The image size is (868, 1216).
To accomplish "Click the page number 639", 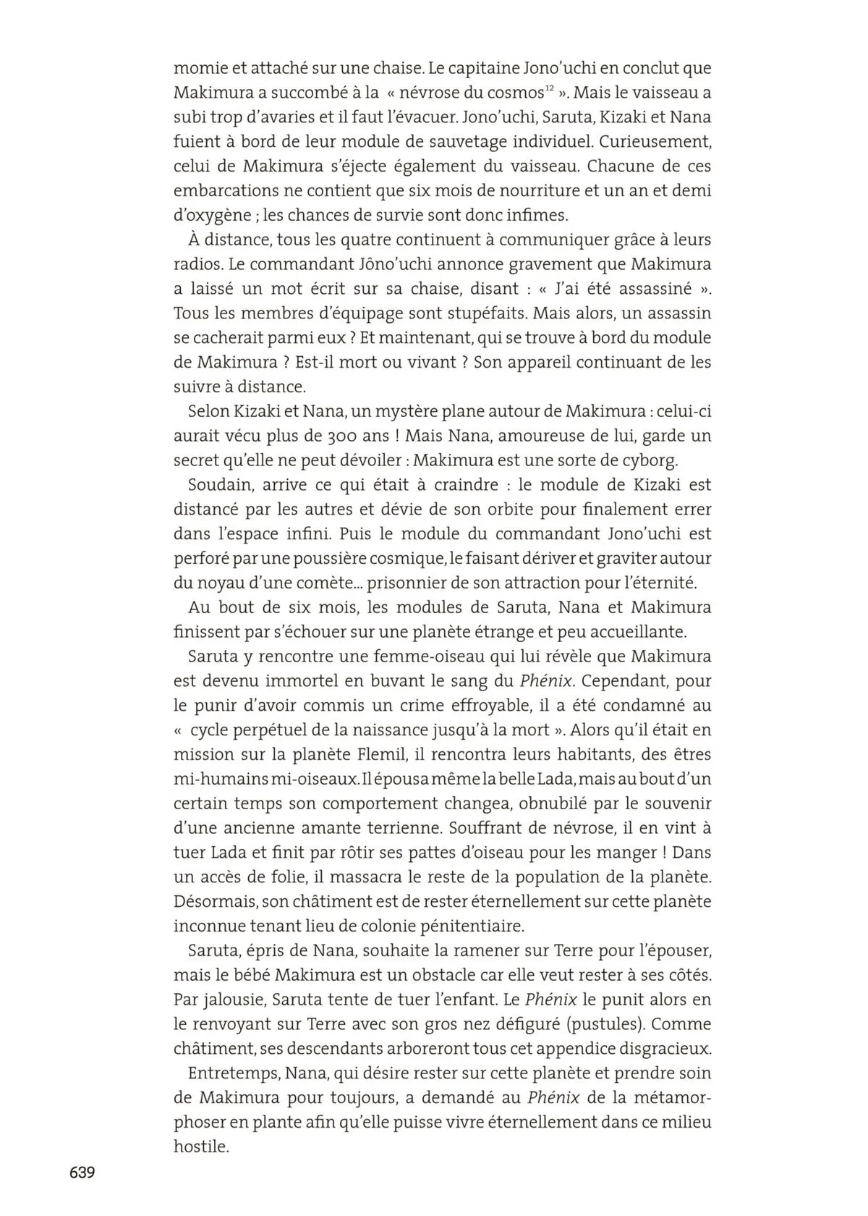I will click(82, 1173).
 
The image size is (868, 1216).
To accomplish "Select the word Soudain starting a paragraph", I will click(215, 485).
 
